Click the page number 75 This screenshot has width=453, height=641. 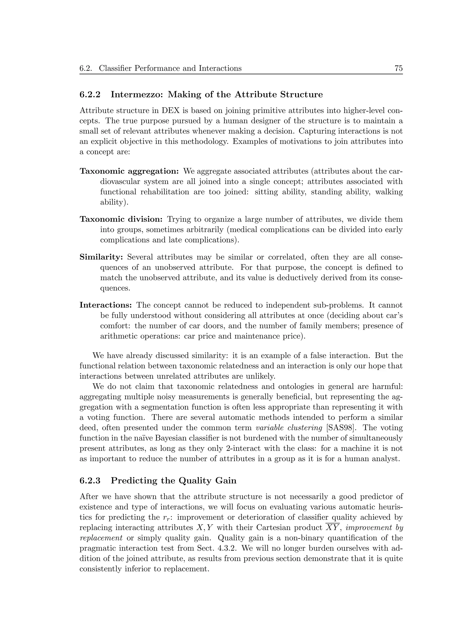click(398, 68)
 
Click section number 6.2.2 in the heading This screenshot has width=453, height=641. click(90, 95)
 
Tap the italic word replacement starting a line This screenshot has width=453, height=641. click(101, 538)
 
